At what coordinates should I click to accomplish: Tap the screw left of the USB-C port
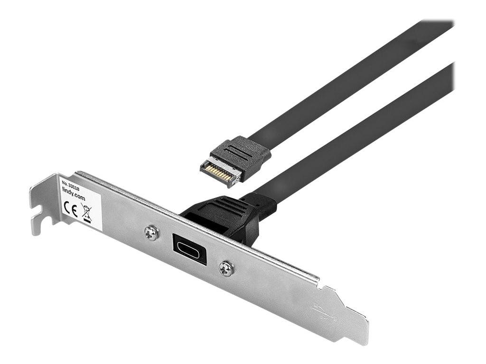click(x=151, y=233)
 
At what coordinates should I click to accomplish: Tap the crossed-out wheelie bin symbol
click(x=86, y=212)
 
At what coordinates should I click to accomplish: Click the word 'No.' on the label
click(x=65, y=181)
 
